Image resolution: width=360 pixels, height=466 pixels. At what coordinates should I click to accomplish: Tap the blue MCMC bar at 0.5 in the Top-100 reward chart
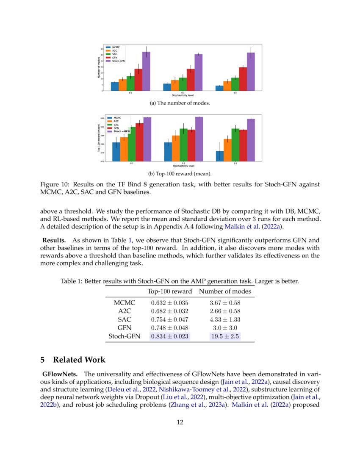coord(220,156)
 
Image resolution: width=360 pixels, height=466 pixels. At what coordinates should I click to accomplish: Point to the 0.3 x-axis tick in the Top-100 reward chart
coord(183,163)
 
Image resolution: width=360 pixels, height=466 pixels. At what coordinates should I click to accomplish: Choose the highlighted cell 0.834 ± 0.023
coord(169,336)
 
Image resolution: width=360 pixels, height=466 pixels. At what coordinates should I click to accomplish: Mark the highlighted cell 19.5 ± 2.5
coord(225,336)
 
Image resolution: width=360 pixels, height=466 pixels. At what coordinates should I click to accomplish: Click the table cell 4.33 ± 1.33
coord(225,319)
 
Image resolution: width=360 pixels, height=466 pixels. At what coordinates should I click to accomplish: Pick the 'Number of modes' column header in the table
coord(225,291)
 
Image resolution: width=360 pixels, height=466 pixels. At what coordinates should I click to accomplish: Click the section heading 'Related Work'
coord(79,360)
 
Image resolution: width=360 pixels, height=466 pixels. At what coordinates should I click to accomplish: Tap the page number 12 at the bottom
coord(180,422)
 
